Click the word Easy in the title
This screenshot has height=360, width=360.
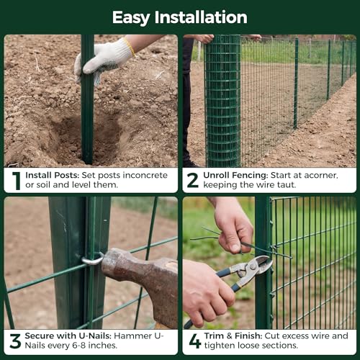pyautogui.click(x=131, y=18)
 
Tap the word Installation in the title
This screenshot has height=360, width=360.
pyautogui.click(x=201, y=17)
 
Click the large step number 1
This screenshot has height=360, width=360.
pyautogui.click(x=17, y=181)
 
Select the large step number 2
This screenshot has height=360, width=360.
pyautogui.click(x=193, y=180)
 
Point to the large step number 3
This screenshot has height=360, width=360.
pyautogui.click(x=15, y=341)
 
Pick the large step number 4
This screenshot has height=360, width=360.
pyautogui.click(x=195, y=341)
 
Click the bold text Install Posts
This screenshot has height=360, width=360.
pyautogui.click(x=52, y=175)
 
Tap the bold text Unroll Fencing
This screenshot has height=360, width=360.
pyautogui.click(x=235, y=176)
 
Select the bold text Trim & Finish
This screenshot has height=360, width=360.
pyautogui.click(x=233, y=336)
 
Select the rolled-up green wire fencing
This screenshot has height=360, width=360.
pyautogui.click(x=222, y=101)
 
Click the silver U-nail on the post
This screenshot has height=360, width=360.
pyautogui.click(x=93, y=258)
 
